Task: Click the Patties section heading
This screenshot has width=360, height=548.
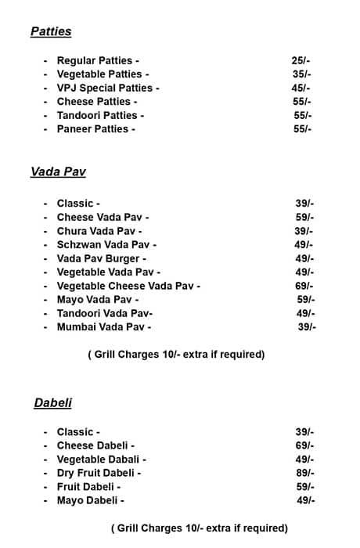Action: pyautogui.click(x=51, y=32)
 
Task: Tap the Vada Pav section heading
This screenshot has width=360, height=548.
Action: pyautogui.click(x=58, y=172)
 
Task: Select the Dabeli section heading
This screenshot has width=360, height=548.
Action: pyautogui.click(x=53, y=402)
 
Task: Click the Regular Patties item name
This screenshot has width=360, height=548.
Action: pyautogui.click(x=98, y=60)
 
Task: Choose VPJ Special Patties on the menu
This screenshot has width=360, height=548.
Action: pyautogui.click(x=108, y=88)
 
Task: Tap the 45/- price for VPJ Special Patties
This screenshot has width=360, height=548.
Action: pyautogui.click(x=301, y=88)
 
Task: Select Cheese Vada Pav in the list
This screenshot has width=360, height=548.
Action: pyautogui.click(x=103, y=217)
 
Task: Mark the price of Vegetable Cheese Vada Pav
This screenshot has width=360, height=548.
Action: pyautogui.click(x=304, y=286)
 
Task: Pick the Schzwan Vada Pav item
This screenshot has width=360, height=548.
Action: pyautogui.click(x=106, y=245)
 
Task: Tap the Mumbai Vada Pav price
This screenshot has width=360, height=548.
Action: pyautogui.click(x=307, y=327)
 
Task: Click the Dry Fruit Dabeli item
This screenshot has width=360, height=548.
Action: pyautogui.click(x=99, y=473)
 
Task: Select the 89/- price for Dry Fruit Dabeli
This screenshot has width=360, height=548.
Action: pyautogui.click(x=304, y=473)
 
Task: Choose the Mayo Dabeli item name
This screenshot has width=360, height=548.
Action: pyautogui.click(x=90, y=500)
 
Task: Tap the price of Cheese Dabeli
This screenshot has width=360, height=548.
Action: pyautogui.click(x=304, y=445)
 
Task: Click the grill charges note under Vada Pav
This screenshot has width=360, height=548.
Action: pyautogui.click(x=176, y=355)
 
